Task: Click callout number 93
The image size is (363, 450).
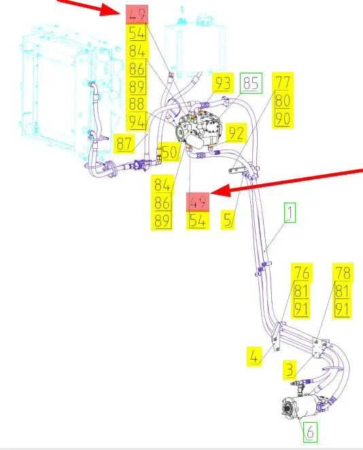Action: coord(223,83)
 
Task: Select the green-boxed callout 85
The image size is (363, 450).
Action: coord(251,83)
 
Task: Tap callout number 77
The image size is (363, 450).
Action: coord(283,82)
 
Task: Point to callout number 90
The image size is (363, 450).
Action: coord(283,118)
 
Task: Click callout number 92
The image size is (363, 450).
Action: coord(236,133)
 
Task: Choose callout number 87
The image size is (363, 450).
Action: coord(124,143)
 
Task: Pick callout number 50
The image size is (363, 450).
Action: coord(170,152)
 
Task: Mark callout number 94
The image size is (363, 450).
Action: coord(137,122)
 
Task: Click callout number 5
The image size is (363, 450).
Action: coord(228,220)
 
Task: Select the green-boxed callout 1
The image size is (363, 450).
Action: coord(290,213)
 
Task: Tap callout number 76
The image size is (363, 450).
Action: coord(301,273)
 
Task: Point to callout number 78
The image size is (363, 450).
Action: coord(343,273)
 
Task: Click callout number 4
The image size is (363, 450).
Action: coord(254,356)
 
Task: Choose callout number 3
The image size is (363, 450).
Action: coord(290,370)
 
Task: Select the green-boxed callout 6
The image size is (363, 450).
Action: coord(310,432)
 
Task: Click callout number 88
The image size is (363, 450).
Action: coord(137,104)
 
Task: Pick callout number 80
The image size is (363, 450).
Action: coord(283,100)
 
